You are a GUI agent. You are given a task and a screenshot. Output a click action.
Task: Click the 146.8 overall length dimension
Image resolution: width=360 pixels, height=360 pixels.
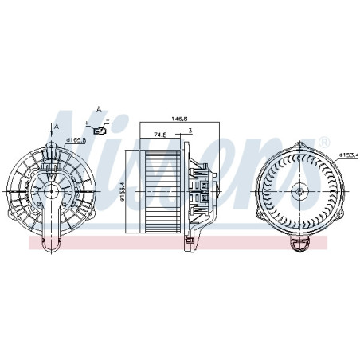click(179, 119)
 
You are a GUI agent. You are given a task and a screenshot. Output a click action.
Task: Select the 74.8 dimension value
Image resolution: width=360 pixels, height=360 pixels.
click(160, 135)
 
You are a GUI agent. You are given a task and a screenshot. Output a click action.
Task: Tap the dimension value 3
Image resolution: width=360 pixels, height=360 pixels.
click(190, 131)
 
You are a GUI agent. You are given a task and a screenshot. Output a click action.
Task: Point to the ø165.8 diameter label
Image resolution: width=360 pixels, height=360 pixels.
click(76, 140)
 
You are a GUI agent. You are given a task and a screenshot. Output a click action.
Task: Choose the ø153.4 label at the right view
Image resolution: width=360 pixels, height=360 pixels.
click(350, 155)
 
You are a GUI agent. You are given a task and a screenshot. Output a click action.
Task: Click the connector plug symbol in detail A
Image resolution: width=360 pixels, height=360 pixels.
click(100, 131)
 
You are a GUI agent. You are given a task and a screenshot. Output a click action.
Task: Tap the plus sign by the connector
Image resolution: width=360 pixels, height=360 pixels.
click(87, 123)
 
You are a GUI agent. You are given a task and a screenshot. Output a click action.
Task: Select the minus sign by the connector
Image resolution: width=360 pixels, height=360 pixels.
click(108, 121)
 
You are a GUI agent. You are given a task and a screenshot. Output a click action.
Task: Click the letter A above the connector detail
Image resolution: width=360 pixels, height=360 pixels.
click(99, 109)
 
